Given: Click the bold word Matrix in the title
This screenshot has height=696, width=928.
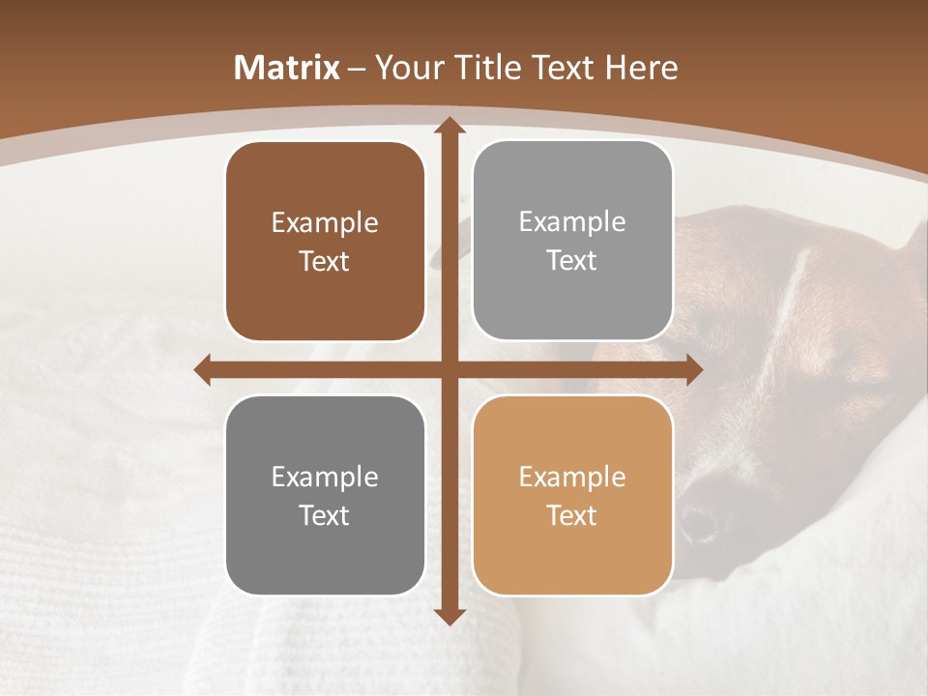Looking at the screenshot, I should pyautogui.click(x=287, y=68).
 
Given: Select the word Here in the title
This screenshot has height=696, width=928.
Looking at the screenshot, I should pyautogui.click(x=641, y=68).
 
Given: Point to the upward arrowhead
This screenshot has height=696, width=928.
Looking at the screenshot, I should pyautogui.click(x=449, y=127).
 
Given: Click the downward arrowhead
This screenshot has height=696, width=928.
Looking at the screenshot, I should pyautogui.click(x=449, y=616).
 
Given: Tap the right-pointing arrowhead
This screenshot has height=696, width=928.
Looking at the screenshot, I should pyautogui.click(x=693, y=369).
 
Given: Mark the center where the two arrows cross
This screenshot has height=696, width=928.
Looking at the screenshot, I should pyautogui.click(x=449, y=369).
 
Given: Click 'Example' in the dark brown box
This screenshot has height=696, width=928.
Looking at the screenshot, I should pyautogui.click(x=325, y=223).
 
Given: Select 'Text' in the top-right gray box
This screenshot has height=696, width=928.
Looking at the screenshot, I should pyautogui.click(x=572, y=261).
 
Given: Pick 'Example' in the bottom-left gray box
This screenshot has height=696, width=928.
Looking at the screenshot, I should pyautogui.click(x=325, y=478).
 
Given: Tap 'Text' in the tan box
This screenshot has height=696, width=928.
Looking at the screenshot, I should pyautogui.click(x=572, y=515).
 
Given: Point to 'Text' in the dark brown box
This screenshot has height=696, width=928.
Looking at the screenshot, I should pyautogui.click(x=325, y=262).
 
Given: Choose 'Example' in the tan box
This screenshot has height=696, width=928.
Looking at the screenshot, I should pyautogui.click(x=572, y=478).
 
